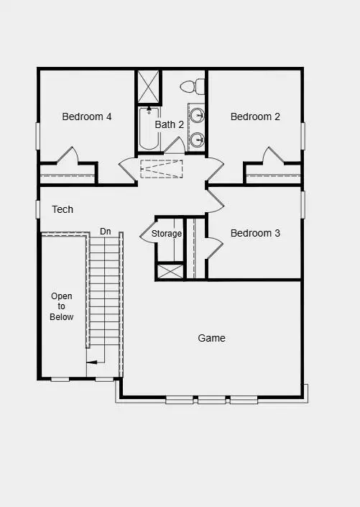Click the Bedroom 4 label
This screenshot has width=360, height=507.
click(x=86, y=117)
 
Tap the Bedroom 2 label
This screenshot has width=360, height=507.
click(x=255, y=117)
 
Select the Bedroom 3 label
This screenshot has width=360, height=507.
click(x=255, y=233)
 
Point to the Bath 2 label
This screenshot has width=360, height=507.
click(x=170, y=124)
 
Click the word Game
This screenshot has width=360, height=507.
click(x=211, y=338)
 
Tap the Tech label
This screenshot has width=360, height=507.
click(x=63, y=209)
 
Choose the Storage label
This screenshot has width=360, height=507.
click(x=167, y=234)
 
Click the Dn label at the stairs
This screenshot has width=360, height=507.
click(x=106, y=231)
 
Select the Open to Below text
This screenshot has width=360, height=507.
click(x=62, y=306)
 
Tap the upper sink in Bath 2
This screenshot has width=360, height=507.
click(x=198, y=114)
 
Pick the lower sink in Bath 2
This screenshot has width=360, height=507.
click(x=198, y=139)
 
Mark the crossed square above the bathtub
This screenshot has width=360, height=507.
click(x=149, y=87)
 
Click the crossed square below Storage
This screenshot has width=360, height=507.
click(x=170, y=272)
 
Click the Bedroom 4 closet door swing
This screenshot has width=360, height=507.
click(x=67, y=156)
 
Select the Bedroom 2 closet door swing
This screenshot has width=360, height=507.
click(x=274, y=156)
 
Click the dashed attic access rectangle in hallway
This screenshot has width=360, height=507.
click(x=161, y=168)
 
